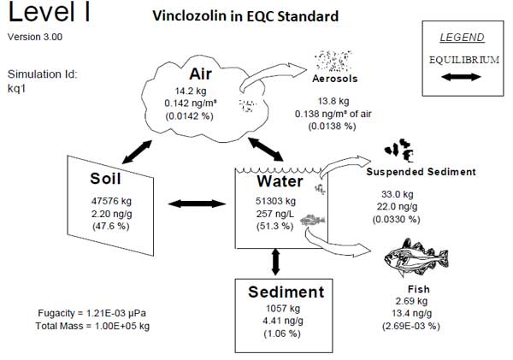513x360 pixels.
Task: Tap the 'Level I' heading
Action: coord(50,14)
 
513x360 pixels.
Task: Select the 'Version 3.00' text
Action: coord(34,37)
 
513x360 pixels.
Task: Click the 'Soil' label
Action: coord(110,179)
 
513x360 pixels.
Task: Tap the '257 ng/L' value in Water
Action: coord(275,211)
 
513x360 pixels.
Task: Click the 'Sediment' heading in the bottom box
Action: coord(286,291)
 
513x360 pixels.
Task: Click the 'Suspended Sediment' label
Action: coord(420,172)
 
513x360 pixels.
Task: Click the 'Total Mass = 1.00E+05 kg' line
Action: coord(93,326)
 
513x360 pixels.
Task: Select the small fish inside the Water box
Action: coord(315,221)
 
